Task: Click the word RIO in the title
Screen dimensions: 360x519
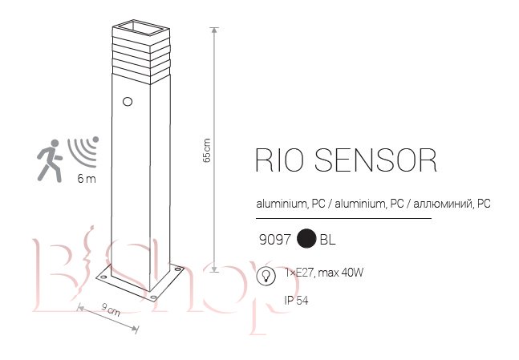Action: [x=279, y=160]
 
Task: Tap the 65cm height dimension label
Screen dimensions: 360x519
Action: [x=207, y=150]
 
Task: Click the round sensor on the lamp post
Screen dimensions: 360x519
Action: [x=126, y=102]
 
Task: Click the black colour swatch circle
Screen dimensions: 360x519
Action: [x=305, y=239]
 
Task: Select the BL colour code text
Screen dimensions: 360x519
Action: [x=327, y=239]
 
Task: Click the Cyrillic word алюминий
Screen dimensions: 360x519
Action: [x=443, y=204]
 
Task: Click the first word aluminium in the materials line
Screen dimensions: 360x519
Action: [x=280, y=204]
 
